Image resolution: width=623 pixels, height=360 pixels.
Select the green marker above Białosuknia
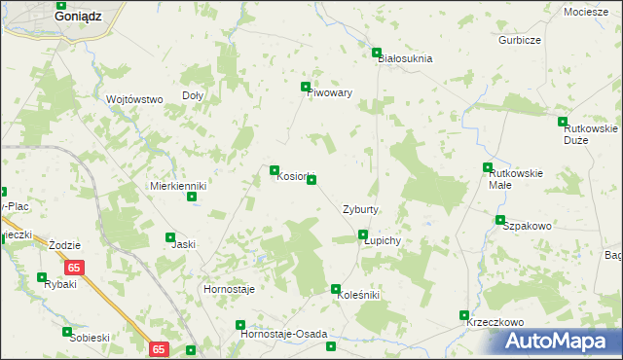pyautogui.click(x=377, y=53)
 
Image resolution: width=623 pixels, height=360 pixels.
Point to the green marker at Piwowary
pyautogui.click(x=306, y=87)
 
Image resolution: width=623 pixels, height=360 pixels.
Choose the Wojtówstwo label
pyautogui.click(x=133, y=99)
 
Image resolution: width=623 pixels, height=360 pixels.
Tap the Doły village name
pyautogui.click(x=193, y=95)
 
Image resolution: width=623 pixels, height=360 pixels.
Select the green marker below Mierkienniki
pyautogui.click(x=192, y=198)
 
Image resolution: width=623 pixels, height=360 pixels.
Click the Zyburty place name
pyautogui.click(x=360, y=209)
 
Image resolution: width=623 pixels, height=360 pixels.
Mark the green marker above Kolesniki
pyautogui.click(x=336, y=289)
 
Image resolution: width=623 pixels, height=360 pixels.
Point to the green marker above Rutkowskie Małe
pyautogui.click(x=488, y=167)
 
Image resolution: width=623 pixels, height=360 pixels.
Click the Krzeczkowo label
pyautogui.click(x=495, y=322)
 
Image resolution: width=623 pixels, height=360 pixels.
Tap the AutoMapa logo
pyautogui.click(x=558, y=342)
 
